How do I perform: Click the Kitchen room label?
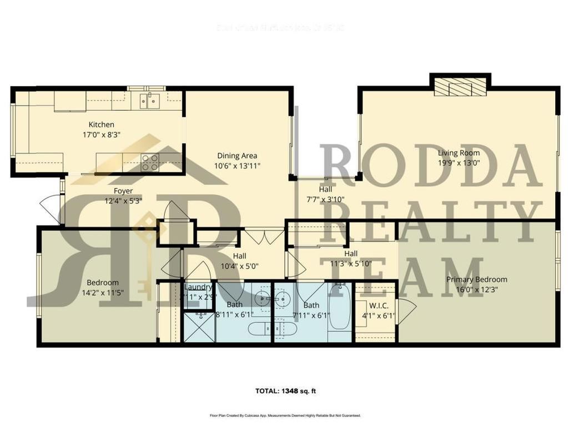(102, 125)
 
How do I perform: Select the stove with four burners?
(150, 162)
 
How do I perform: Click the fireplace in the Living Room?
(460, 87)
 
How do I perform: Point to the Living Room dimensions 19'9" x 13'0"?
(459, 162)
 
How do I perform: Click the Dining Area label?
(237, 156)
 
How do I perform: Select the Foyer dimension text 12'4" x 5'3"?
(123, 201)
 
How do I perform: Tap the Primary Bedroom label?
(476, 280)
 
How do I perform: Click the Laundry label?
(198, 287)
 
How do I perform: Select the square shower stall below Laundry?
(199, 328)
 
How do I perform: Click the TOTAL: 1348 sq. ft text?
(286, 391)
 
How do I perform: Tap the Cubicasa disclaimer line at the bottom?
(285, 415)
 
